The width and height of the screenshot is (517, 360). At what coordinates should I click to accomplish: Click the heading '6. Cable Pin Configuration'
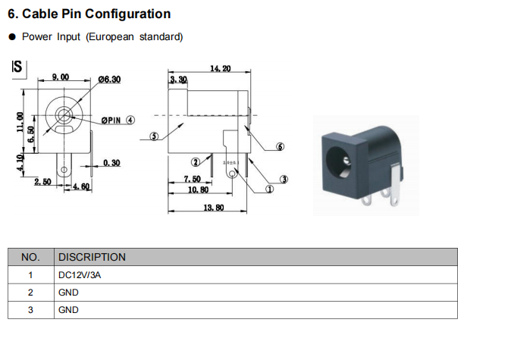click(89, 14)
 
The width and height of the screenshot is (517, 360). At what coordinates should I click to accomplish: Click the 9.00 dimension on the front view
click(60, 77)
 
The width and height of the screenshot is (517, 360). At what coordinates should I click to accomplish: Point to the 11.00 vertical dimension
click(20, 121)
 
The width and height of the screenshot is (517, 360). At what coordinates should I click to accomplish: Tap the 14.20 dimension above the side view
click(221, 69)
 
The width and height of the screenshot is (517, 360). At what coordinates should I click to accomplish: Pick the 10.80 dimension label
click(198, 189)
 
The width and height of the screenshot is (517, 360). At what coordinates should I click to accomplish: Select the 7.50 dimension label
click(192, 179)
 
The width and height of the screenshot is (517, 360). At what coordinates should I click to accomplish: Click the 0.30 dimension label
click(111, 162)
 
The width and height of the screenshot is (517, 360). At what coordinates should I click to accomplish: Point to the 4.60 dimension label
click(80, 186)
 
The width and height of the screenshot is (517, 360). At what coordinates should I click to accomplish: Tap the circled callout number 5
click(154, 136)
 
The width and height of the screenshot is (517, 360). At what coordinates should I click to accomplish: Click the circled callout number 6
click(280, 146)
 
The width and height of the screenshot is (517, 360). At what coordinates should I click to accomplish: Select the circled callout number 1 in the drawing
click(269, 189)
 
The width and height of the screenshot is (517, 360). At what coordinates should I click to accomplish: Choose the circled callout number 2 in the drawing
click(195, 161)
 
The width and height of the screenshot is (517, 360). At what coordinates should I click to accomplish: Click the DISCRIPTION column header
click(92, 257)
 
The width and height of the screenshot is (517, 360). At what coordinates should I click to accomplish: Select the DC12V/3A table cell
click(80, 275)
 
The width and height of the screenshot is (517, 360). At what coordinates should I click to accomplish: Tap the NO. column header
click(30, 257)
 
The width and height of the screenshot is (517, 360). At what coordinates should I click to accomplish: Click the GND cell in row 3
click(68, 310)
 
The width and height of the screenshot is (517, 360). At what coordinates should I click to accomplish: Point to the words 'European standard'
click(146, 36)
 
